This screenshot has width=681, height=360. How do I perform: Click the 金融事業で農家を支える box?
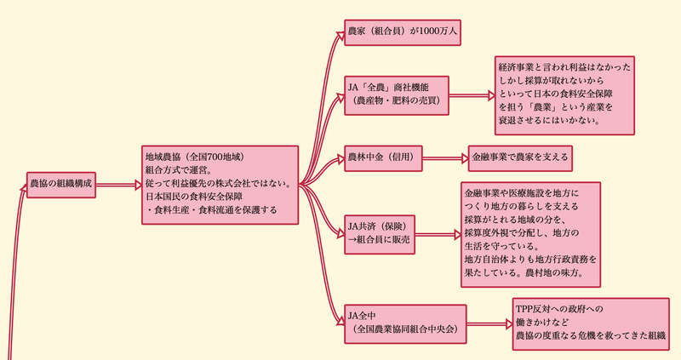click(x=518, y=157)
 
